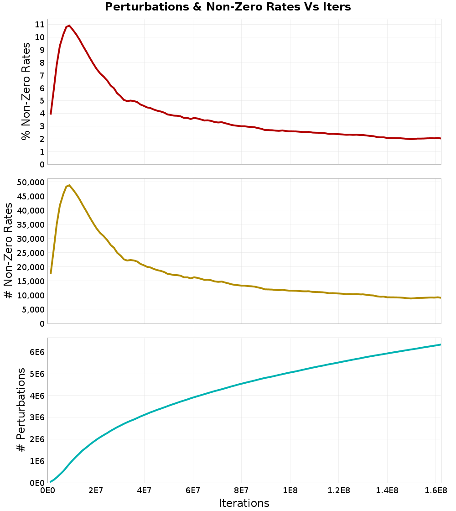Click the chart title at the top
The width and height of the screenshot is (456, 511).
point(228,7)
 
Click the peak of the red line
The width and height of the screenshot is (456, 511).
point(69,26)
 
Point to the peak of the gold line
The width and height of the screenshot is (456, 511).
point(69,185)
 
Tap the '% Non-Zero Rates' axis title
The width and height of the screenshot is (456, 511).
point(26,91)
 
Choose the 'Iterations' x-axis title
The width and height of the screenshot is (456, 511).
point(244,503)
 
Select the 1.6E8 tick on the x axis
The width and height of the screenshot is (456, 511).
point(436,491)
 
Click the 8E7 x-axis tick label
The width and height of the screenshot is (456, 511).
point(241,491)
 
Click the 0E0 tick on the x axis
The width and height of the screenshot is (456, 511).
point(48,491)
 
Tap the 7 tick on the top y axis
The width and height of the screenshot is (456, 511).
point(41,75)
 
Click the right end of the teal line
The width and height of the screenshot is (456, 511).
point(440,344)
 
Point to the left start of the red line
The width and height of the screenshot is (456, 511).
point(51,114)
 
